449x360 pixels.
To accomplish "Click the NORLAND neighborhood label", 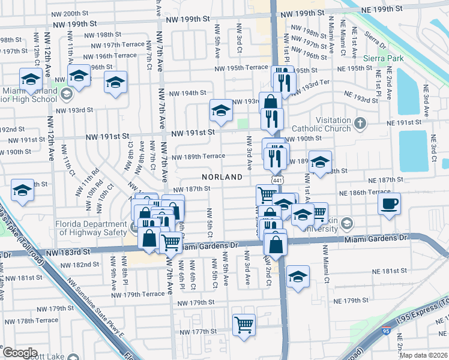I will coord(221,177).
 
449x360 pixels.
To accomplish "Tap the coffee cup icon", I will coord(389,204).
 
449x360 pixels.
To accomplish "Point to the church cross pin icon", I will coord(360,123).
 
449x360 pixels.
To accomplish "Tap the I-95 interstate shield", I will coord(385,331).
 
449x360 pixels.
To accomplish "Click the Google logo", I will coord(20,353).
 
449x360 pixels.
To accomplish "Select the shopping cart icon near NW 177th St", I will coord(244,325).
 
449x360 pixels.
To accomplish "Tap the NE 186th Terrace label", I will coord(365,193).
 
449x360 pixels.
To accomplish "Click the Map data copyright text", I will coord(423,355).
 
